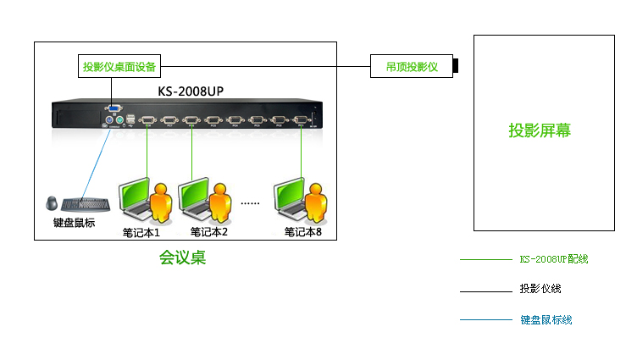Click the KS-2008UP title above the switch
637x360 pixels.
pos(191,91)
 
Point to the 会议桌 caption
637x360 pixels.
pos(183,258)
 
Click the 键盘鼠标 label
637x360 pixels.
pos(74,223)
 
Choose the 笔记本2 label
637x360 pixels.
pos(209,231)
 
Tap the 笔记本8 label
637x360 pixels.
pos(303,231)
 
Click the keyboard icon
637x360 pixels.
pos(86,203)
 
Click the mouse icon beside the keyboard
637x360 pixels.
pos(53,203)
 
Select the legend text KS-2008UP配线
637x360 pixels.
pos(554,259)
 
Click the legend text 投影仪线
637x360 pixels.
pos(540,290)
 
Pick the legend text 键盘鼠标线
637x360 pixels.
pos(546,320)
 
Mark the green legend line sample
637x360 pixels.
pos(485,259)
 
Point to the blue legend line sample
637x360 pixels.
pos(485,320)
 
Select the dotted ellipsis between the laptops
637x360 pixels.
pos(250,203)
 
